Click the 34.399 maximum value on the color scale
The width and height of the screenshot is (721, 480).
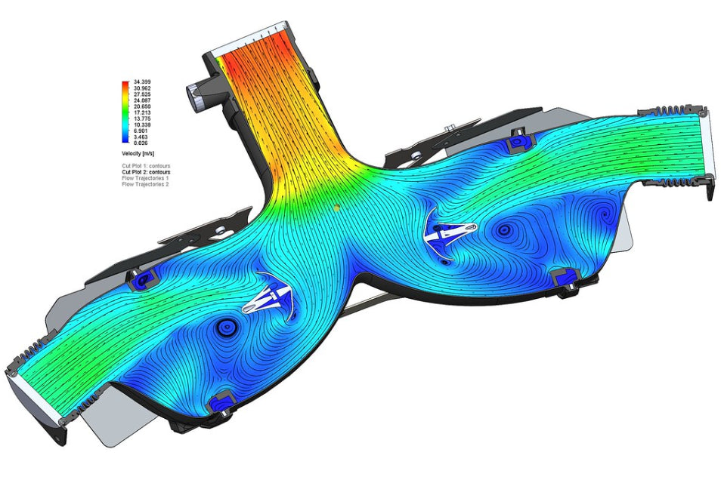pyautogui.click(x=143, y=82)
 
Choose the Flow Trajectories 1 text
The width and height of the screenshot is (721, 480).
pyautogui.click(x=147, y=178)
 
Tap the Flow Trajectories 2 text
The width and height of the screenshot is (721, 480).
pyautogui.click(x=147, y=184)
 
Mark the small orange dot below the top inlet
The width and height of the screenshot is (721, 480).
pyautogui.click(x=333, y=204)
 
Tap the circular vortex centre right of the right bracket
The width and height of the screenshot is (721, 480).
pyautogui.click(x=504, y=229)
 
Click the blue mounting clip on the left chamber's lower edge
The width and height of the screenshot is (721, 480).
pyautogui.click(x=223, y=401)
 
